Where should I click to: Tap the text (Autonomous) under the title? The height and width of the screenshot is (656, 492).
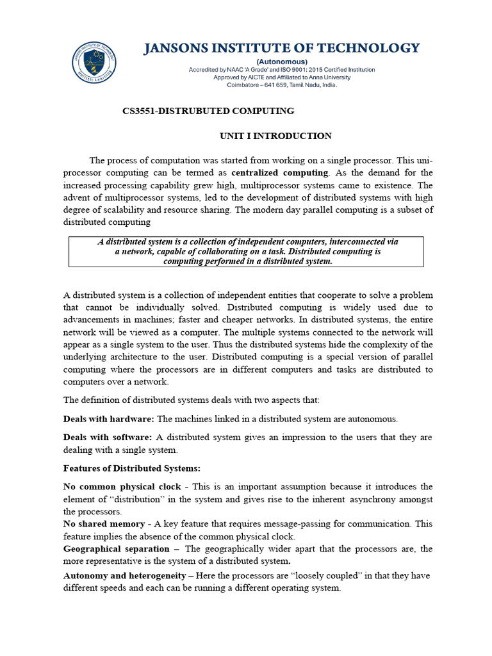(281, 61)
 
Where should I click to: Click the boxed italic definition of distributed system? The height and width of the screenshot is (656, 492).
(247, 251)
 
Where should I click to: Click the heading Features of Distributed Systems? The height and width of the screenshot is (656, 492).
(131, 468)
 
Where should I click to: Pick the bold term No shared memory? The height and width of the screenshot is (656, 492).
(104, 524)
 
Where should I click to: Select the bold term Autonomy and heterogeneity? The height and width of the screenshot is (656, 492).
(123, 575)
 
